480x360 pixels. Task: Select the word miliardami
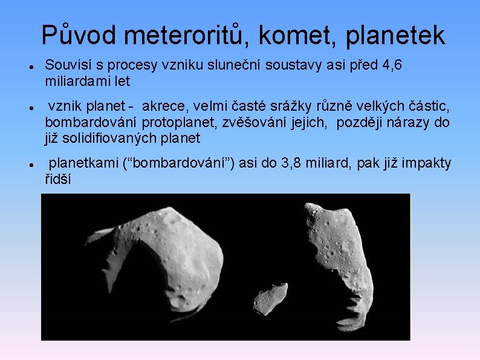[x=73, y=80]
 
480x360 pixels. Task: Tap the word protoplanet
[x=180, y=123]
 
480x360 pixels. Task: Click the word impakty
[x=429, y=163]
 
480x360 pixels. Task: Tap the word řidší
[x=58, y=179]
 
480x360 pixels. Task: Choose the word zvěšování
[x=251, y=123]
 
